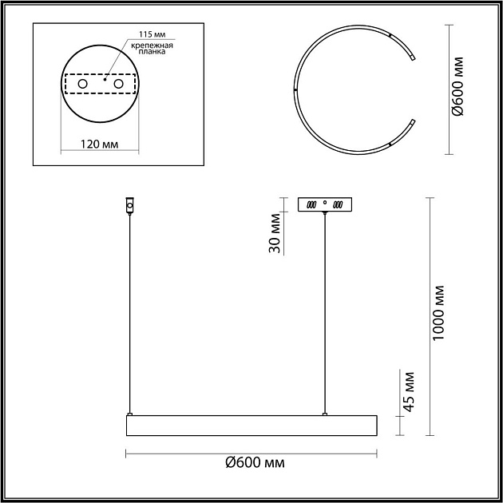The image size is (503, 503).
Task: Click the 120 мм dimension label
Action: tap(99, 144)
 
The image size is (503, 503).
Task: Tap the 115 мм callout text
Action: tap(152, 34)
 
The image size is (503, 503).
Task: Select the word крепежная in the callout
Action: tap(152, 46)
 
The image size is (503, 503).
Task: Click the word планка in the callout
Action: tap(152, 51)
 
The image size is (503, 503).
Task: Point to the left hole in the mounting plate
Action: tap(82, 84)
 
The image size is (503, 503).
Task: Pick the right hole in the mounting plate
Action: tap(118, 84)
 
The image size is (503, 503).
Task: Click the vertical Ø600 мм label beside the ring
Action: tap(457, 86)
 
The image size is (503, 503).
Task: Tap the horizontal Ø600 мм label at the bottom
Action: tap(255, 462)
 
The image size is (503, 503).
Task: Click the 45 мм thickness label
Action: tap(408, 392)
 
